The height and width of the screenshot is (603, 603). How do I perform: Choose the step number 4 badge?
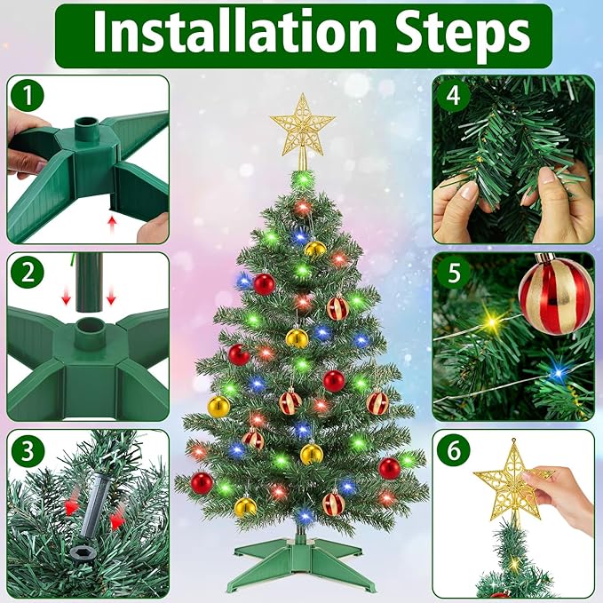[x=454, y=95]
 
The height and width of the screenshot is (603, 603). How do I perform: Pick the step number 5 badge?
[x=454, y=273]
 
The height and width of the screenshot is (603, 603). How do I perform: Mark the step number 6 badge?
[x=454, y=450]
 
